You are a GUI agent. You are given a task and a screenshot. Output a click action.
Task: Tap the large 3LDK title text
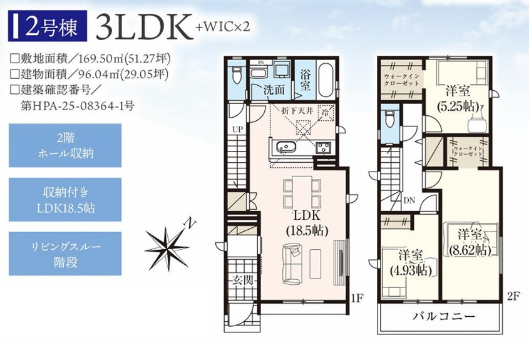coord(141,27)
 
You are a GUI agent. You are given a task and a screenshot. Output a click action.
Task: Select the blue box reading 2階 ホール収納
coord(65,145)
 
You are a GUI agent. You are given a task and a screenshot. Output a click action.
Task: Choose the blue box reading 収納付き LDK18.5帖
coord(65,200)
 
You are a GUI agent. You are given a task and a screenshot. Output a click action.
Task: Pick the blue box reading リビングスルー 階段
coord(65,254)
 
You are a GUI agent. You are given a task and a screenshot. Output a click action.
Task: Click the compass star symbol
coord(168,247)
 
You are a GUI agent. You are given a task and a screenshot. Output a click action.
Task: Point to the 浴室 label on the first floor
coord(306,80)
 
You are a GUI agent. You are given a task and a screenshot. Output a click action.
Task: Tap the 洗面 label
coord(274,90)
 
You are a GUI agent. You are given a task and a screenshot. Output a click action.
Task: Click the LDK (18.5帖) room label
coord(307,224)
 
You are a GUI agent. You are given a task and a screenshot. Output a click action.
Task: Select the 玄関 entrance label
coord(242,280)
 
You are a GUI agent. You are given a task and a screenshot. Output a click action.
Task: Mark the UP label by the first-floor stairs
coord(237,129)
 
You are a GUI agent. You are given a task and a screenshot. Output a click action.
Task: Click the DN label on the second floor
coord(409,201)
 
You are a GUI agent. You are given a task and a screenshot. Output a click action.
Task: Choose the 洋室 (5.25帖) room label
coord(458,98)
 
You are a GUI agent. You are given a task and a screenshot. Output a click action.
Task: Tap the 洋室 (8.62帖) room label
coord(470,242)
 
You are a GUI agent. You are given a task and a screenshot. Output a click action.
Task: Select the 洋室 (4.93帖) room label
coord(411,263)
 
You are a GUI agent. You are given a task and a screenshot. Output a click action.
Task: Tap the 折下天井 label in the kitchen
coord(297,111)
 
